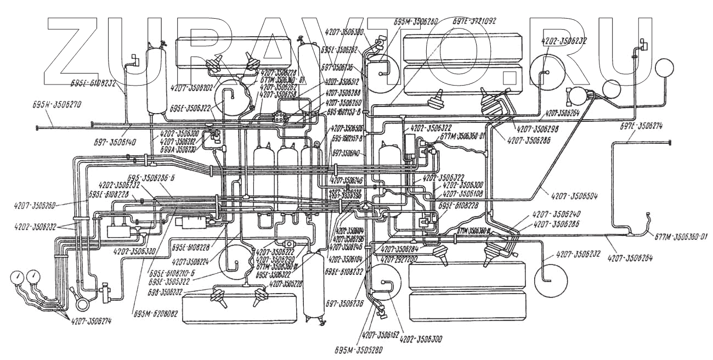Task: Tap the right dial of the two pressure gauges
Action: pyautogui.click(x=35, y=274)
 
